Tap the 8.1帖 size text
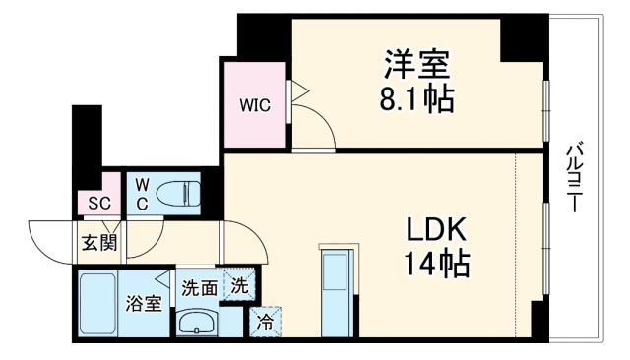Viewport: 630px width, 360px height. (x=416, y=98)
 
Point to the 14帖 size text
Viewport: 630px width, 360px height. (x=435, y=263)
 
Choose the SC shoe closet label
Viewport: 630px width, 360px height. (x=98, y=203)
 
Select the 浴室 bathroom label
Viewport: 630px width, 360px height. (x=144, y=304)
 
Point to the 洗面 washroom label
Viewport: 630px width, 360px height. (x=199, y=288)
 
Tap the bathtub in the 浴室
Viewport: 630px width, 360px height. (x=99, y=304)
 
